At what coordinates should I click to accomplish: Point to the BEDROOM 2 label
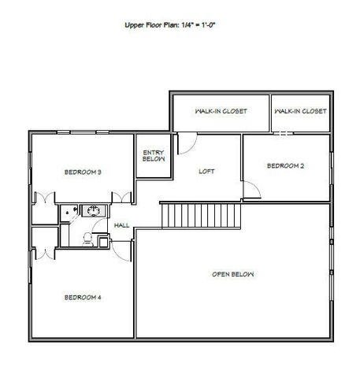[x=286, y=165]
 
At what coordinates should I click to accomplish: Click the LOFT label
[x=207, y=171]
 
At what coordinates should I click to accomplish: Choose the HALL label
[x=121, y=225]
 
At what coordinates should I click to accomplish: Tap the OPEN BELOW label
[x=233, y=274]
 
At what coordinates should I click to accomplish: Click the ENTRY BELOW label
[x=153, y=155]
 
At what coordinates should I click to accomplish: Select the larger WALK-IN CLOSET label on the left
[x=221, y=112]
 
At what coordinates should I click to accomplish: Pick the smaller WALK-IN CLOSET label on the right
[x=300, y=112]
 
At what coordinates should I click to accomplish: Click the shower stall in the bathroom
[x=69, y=212]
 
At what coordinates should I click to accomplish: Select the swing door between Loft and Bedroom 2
[x=251, y=190]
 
